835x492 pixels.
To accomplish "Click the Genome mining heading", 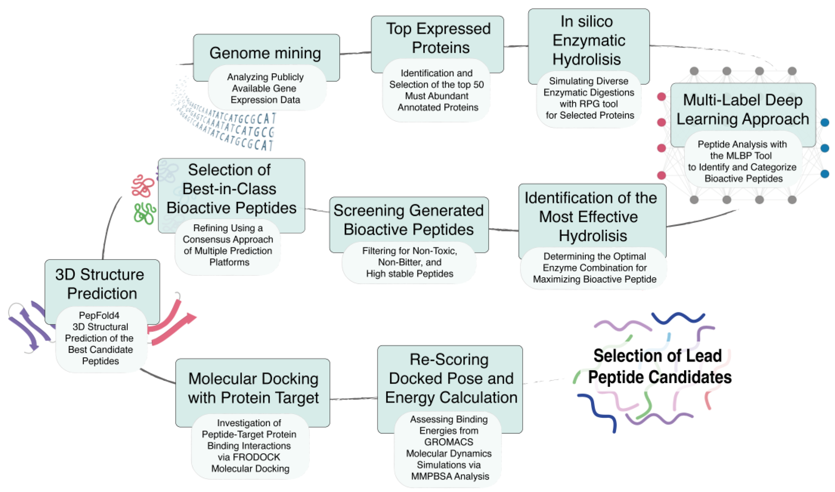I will pyautogui.click(x=265, y=53).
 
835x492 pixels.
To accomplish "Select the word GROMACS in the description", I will pyautogui.click(x=449, y=442).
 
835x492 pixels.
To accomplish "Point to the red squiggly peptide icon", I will pyautogui.click(x=143, y=186).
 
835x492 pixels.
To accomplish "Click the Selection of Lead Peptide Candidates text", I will pyautogui.click(x=659, y=366).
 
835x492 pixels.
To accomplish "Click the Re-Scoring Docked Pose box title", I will pyautogui.click(x=450, y=378).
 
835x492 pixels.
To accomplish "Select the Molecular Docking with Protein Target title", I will pyautogui.click(x=253, y=388).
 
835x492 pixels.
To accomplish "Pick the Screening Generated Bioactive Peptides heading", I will pyautogui.click(x=409, y=220).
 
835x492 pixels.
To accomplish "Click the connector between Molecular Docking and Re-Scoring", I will pyautogui.click(x=354, y=398).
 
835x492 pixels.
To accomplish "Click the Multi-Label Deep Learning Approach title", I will pyautogui.click(x=743, y=109).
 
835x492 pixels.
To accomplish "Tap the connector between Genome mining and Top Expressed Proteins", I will pyautogui.click(x=355, y=53).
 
